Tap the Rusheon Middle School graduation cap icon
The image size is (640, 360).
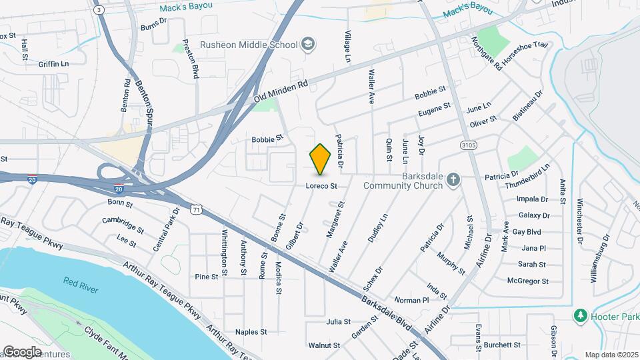[x=307, y=45]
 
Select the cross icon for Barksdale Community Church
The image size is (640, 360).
[x=453, y=179]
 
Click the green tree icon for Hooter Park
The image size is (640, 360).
[x=581, y=315]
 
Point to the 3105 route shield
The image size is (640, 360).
[x=469, y=145]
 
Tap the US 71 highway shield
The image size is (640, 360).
[x=195, y=210]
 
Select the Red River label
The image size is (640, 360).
[x=81, y=281]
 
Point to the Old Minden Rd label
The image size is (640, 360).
[x=281, y=93]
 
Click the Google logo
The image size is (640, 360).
[x=23, y=351]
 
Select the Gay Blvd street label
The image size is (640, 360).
[x=527, y=232]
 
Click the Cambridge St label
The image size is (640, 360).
[x=123, y=225]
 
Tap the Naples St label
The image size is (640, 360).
[x=251, y=331]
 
